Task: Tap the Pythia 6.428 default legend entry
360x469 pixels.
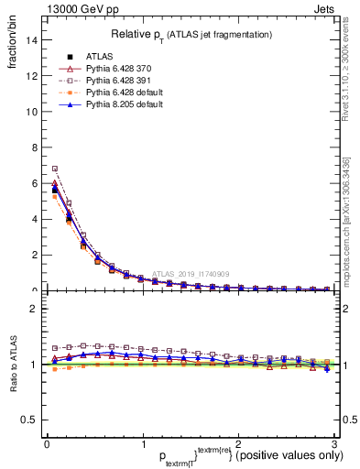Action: pyautogui.click(x=116, y=93)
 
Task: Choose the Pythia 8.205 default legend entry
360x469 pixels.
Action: pyautogui.click(x=116, y=105)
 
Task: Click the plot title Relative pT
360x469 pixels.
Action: pyautogui.click(x=191, y=34)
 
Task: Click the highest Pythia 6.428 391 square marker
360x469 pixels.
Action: pyautogui.click(x=55, y=169)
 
